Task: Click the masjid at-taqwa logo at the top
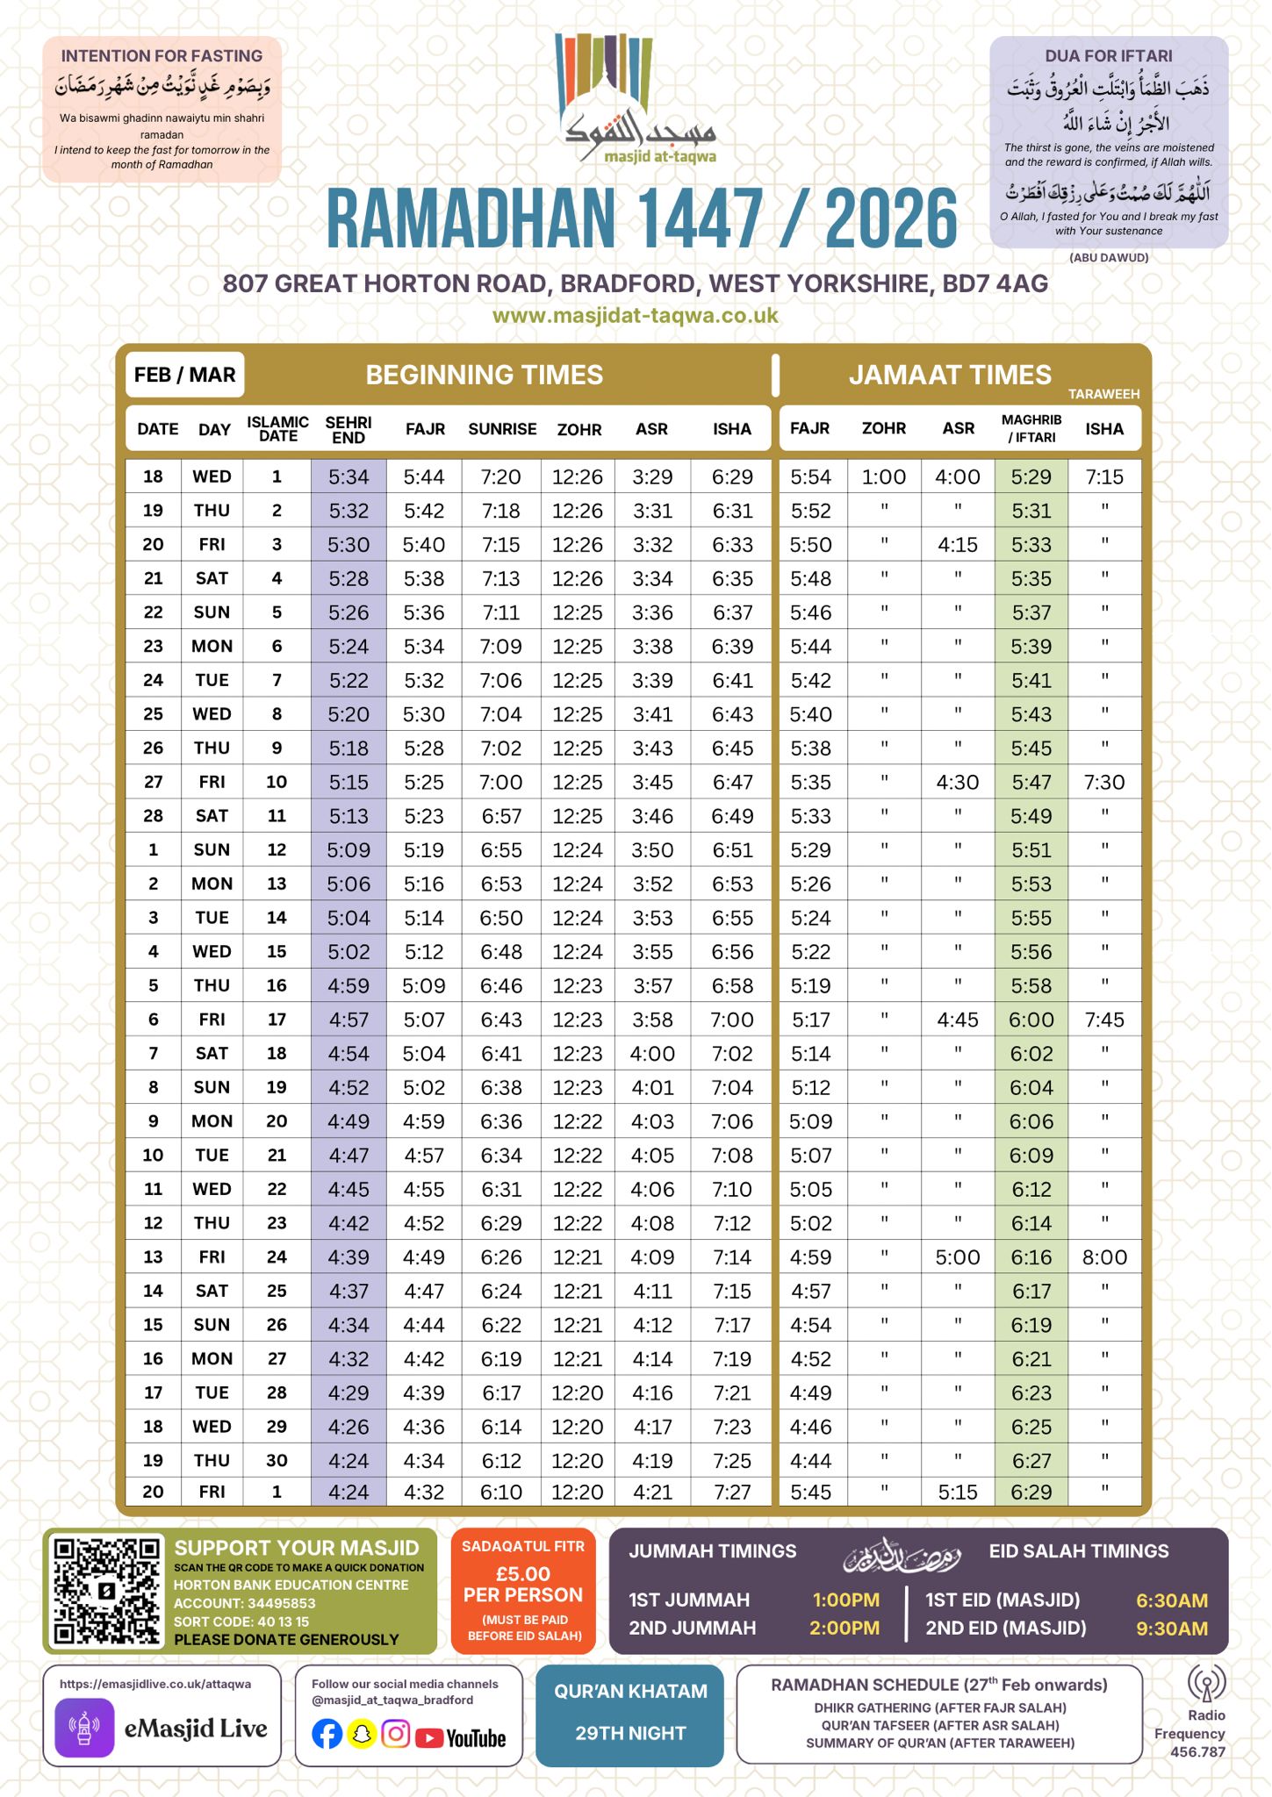(636, 98)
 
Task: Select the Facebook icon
(327, 1735)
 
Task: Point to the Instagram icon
(396, 1735)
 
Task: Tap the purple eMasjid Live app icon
(84, 1728)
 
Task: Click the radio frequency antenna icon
(1205, 1683)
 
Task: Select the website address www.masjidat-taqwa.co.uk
(635, 316)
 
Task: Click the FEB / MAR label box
(184, 375)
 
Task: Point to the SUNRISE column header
(501, 429)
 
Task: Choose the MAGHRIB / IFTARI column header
(1031, 428)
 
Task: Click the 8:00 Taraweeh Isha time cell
(1103, 1257)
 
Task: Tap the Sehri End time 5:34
(349, 477)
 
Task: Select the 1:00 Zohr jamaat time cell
(883, 477)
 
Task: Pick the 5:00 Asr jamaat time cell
(957, 1257)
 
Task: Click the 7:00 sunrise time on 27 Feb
(501, 782)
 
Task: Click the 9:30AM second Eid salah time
(1171, 1629)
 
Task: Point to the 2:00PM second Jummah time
(844, 1629)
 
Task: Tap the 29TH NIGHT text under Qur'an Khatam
(629, 1733)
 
